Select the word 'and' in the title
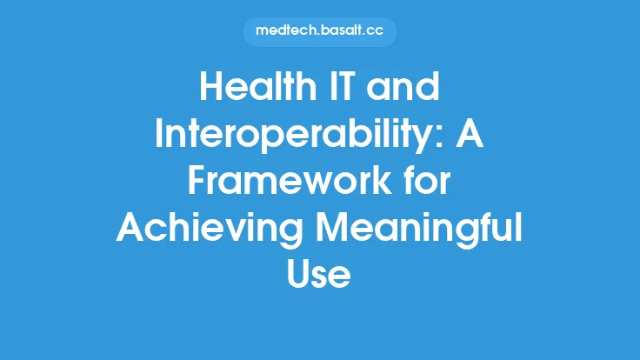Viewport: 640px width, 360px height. click(x=409, y=90)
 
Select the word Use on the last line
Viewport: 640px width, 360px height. click(x=319, y=275)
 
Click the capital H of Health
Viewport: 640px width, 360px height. click(x=210, y=90)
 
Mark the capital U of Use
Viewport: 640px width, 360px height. click(x=300, y=275)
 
